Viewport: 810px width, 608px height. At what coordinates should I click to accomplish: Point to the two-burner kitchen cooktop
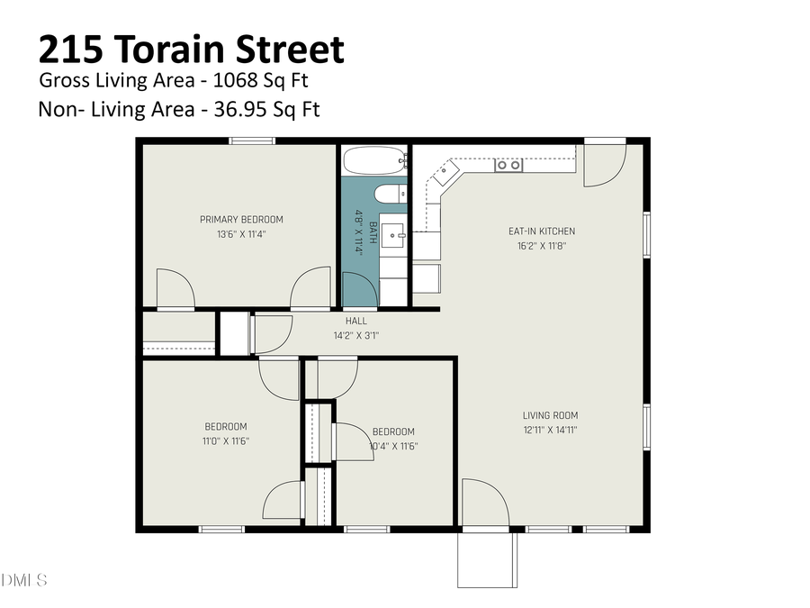[x=508, y=165]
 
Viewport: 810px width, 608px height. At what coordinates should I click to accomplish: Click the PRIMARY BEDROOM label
[x=241, y=219]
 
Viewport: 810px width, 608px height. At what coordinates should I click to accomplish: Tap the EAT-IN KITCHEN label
[x=542, y=231]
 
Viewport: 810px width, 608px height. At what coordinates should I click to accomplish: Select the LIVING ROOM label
[x=550, y=415]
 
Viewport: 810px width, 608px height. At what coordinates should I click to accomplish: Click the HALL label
[x=355, y=321]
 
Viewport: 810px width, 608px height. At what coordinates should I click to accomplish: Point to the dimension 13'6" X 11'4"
[x=241, y=234]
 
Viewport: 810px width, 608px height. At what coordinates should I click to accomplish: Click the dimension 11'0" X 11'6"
[x=225, y=441]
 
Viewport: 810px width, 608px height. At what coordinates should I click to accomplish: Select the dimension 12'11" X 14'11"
[x=550, y=431]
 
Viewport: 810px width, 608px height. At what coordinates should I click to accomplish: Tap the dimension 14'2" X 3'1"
[x=355, y=336]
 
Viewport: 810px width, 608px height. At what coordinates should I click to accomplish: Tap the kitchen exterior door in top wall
[x=604, y=162]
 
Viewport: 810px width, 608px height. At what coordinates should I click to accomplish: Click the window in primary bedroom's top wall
[x=251, y=141]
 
